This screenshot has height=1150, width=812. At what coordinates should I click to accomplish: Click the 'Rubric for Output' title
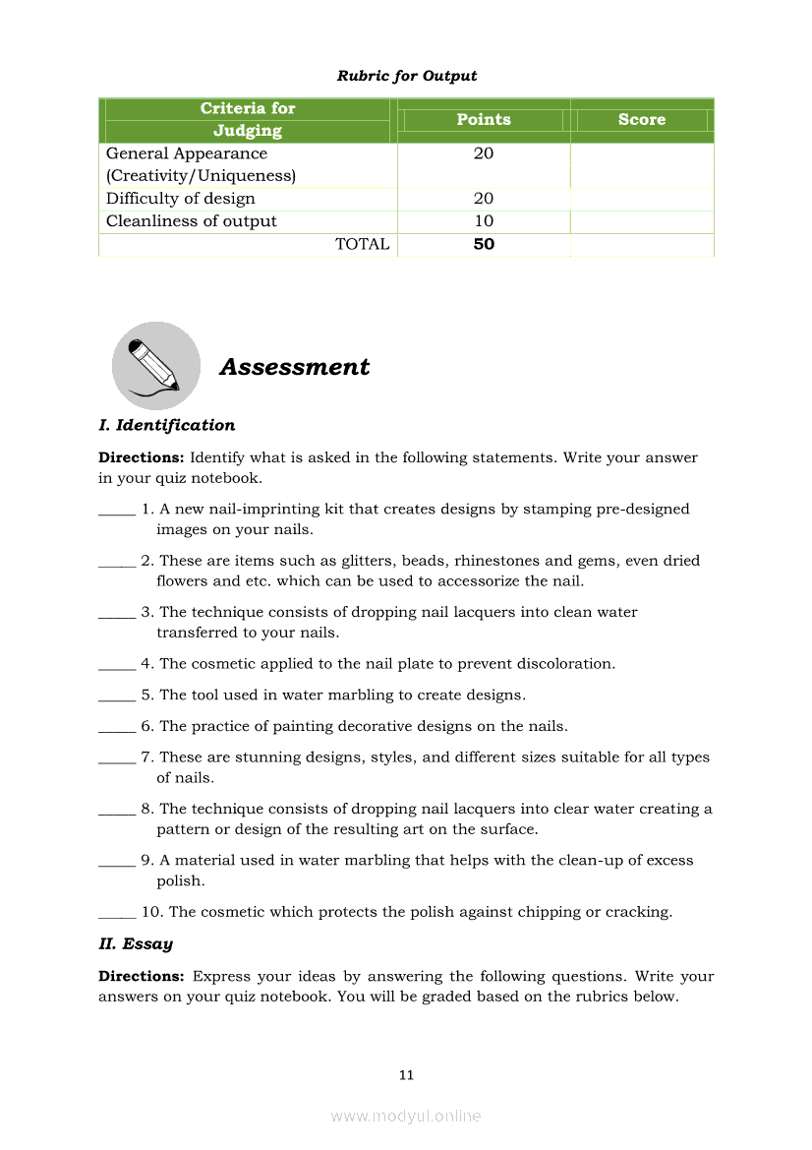click(406, 76)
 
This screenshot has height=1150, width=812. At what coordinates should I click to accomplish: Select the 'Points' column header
click(484, 120)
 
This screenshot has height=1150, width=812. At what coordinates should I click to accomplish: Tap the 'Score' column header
click(642, 120)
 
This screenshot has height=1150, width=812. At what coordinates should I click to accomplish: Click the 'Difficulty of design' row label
click(180, 199)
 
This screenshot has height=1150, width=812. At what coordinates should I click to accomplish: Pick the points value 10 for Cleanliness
click(484, 221)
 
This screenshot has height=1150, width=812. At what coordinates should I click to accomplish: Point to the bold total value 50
click(484, 244)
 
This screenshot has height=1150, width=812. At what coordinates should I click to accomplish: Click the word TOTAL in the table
click(362, 244)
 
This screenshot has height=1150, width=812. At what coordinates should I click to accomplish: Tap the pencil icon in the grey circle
click(155, 366)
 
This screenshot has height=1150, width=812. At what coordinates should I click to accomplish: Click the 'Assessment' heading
click(294, 367)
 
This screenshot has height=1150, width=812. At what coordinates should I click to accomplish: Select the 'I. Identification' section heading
click(166, 425)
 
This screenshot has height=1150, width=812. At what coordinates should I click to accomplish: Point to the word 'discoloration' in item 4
click(564, 664)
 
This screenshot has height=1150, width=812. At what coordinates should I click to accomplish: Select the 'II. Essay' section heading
click(136, 944)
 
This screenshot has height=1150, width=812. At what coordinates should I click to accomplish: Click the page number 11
click(406, 1075)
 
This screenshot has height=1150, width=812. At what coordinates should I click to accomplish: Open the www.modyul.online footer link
click(406, 1116)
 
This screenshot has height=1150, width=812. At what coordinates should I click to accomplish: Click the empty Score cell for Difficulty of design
click(642, 199)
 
